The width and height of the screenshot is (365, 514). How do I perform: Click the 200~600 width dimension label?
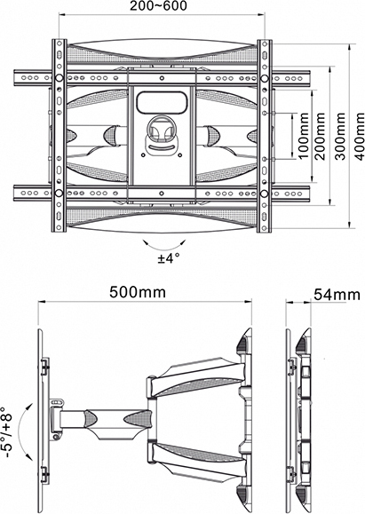click(x=158, y=6)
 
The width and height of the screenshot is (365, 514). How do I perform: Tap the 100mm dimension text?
click(x=304, y=136)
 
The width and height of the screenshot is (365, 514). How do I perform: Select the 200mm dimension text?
click(x=320, y=136)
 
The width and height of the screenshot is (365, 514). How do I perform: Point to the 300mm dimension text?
click(x=341, y=136)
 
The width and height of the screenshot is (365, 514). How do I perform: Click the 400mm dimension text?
click(x=360, y=136)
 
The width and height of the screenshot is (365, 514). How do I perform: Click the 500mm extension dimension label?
click(x=138, y=292)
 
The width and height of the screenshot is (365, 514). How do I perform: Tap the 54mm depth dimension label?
click(x=337, y=295)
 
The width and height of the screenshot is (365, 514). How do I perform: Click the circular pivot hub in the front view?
click(x=161, y=129)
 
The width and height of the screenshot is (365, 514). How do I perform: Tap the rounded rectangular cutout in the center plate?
click(x=163, y=102)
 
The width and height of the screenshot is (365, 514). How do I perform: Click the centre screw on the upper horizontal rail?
click(x=162, y=78)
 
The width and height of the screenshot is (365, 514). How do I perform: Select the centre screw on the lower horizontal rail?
click(x=162, y=194)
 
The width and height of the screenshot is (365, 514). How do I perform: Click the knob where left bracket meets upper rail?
click(x=59, y=78)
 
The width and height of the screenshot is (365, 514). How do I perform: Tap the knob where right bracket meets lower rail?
click(x=264, y=194)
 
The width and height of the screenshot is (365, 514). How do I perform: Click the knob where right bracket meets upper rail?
click(x=264, y=78)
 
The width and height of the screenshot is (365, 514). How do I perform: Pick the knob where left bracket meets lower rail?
click(x=59, y=194)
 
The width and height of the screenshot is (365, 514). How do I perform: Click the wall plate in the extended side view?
click(x=42, y=420)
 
